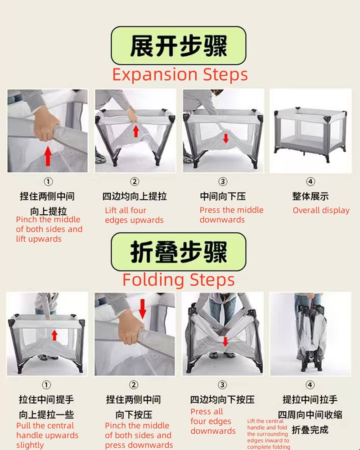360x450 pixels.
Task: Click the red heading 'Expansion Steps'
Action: pyautogui.click(x=180, y=74)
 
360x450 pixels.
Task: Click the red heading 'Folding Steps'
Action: pyautogui.click(x=179, y=279)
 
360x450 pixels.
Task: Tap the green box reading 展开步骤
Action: pyautogui.click(x=179, y=45)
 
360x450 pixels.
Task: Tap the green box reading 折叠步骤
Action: pyautogui.click(x=179, y=252)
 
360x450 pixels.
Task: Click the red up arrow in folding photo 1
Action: pyautogui.click(x=54, y=335)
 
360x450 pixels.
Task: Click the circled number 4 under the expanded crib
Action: pyautogui.click(x=310, y=182)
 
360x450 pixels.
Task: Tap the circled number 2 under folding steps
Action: pyautogui.click(x=134, y=385)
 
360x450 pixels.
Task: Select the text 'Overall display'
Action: pyautogui.click(x=321, y=210)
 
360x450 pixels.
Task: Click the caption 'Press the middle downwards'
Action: pyautogui.click(x=231, y=215)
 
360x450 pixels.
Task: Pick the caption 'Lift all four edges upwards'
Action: pyautogui.click(x=134, y=215)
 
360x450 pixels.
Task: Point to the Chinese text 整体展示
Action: pyautogui.click(x=310, y=196)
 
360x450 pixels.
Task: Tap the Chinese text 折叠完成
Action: pyautogui.click(x=310, y=430)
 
